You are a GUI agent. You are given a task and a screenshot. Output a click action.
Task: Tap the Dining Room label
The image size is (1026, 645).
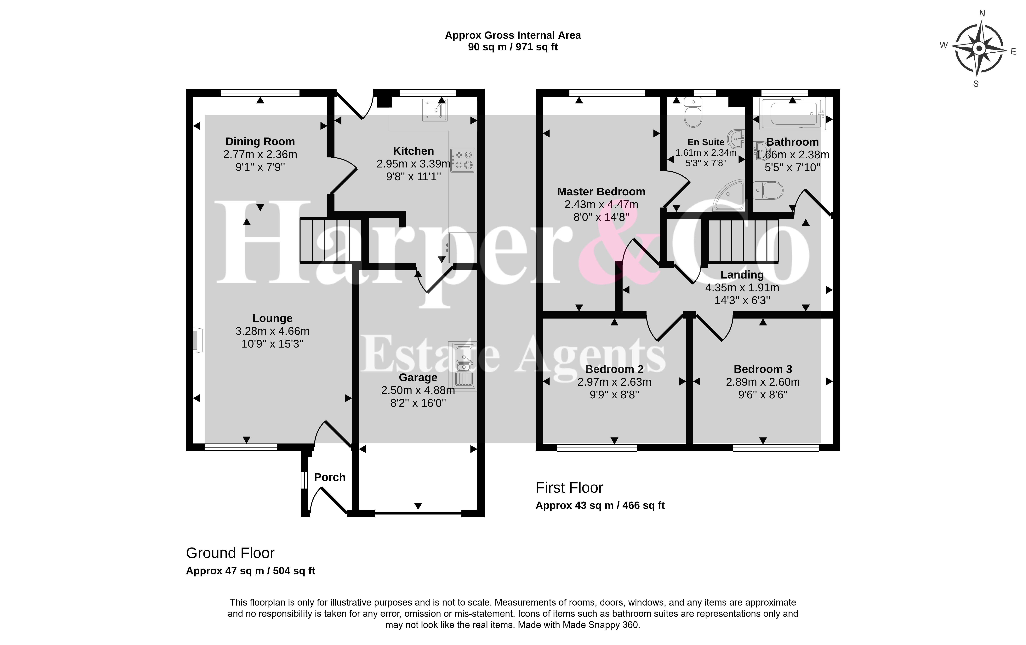click(260, 142)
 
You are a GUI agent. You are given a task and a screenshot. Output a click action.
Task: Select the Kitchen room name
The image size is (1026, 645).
click(413, 151)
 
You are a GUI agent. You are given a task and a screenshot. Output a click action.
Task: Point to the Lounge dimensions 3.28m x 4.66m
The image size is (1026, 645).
click(272, 331)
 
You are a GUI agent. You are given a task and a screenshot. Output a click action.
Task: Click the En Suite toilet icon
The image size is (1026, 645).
click(693, 112)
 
